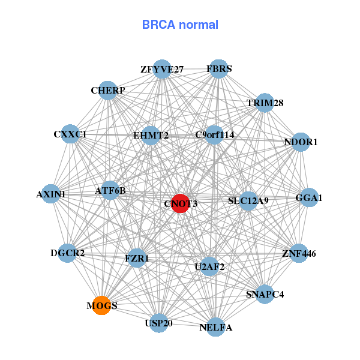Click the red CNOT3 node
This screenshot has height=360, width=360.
[181, 203]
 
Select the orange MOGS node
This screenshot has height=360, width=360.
[101, 305]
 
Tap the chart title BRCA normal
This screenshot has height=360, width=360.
[180, 25]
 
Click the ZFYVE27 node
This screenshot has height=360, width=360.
[162, 69]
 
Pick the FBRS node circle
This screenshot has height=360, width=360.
[219, 69]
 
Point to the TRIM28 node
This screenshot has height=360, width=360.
[265, 103]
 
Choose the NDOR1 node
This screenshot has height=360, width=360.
[301, 142]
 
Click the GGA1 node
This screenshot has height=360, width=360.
[309, 197]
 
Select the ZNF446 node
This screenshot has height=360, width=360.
[298, 253]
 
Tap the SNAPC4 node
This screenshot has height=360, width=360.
[265, 294]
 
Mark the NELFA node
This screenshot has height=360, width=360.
[216, 327]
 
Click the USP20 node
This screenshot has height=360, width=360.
[159, 323]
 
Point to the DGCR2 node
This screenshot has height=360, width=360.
[68, 253]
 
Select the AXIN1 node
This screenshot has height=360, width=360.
[51, 194]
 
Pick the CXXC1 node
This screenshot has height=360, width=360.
[70, 134]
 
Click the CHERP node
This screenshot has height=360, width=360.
[108, 91]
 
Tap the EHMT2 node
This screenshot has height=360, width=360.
[151, 135]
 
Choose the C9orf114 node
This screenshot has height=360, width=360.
[215, 135]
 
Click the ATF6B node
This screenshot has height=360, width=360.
[110, 191]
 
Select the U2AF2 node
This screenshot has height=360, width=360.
[209, 266]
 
